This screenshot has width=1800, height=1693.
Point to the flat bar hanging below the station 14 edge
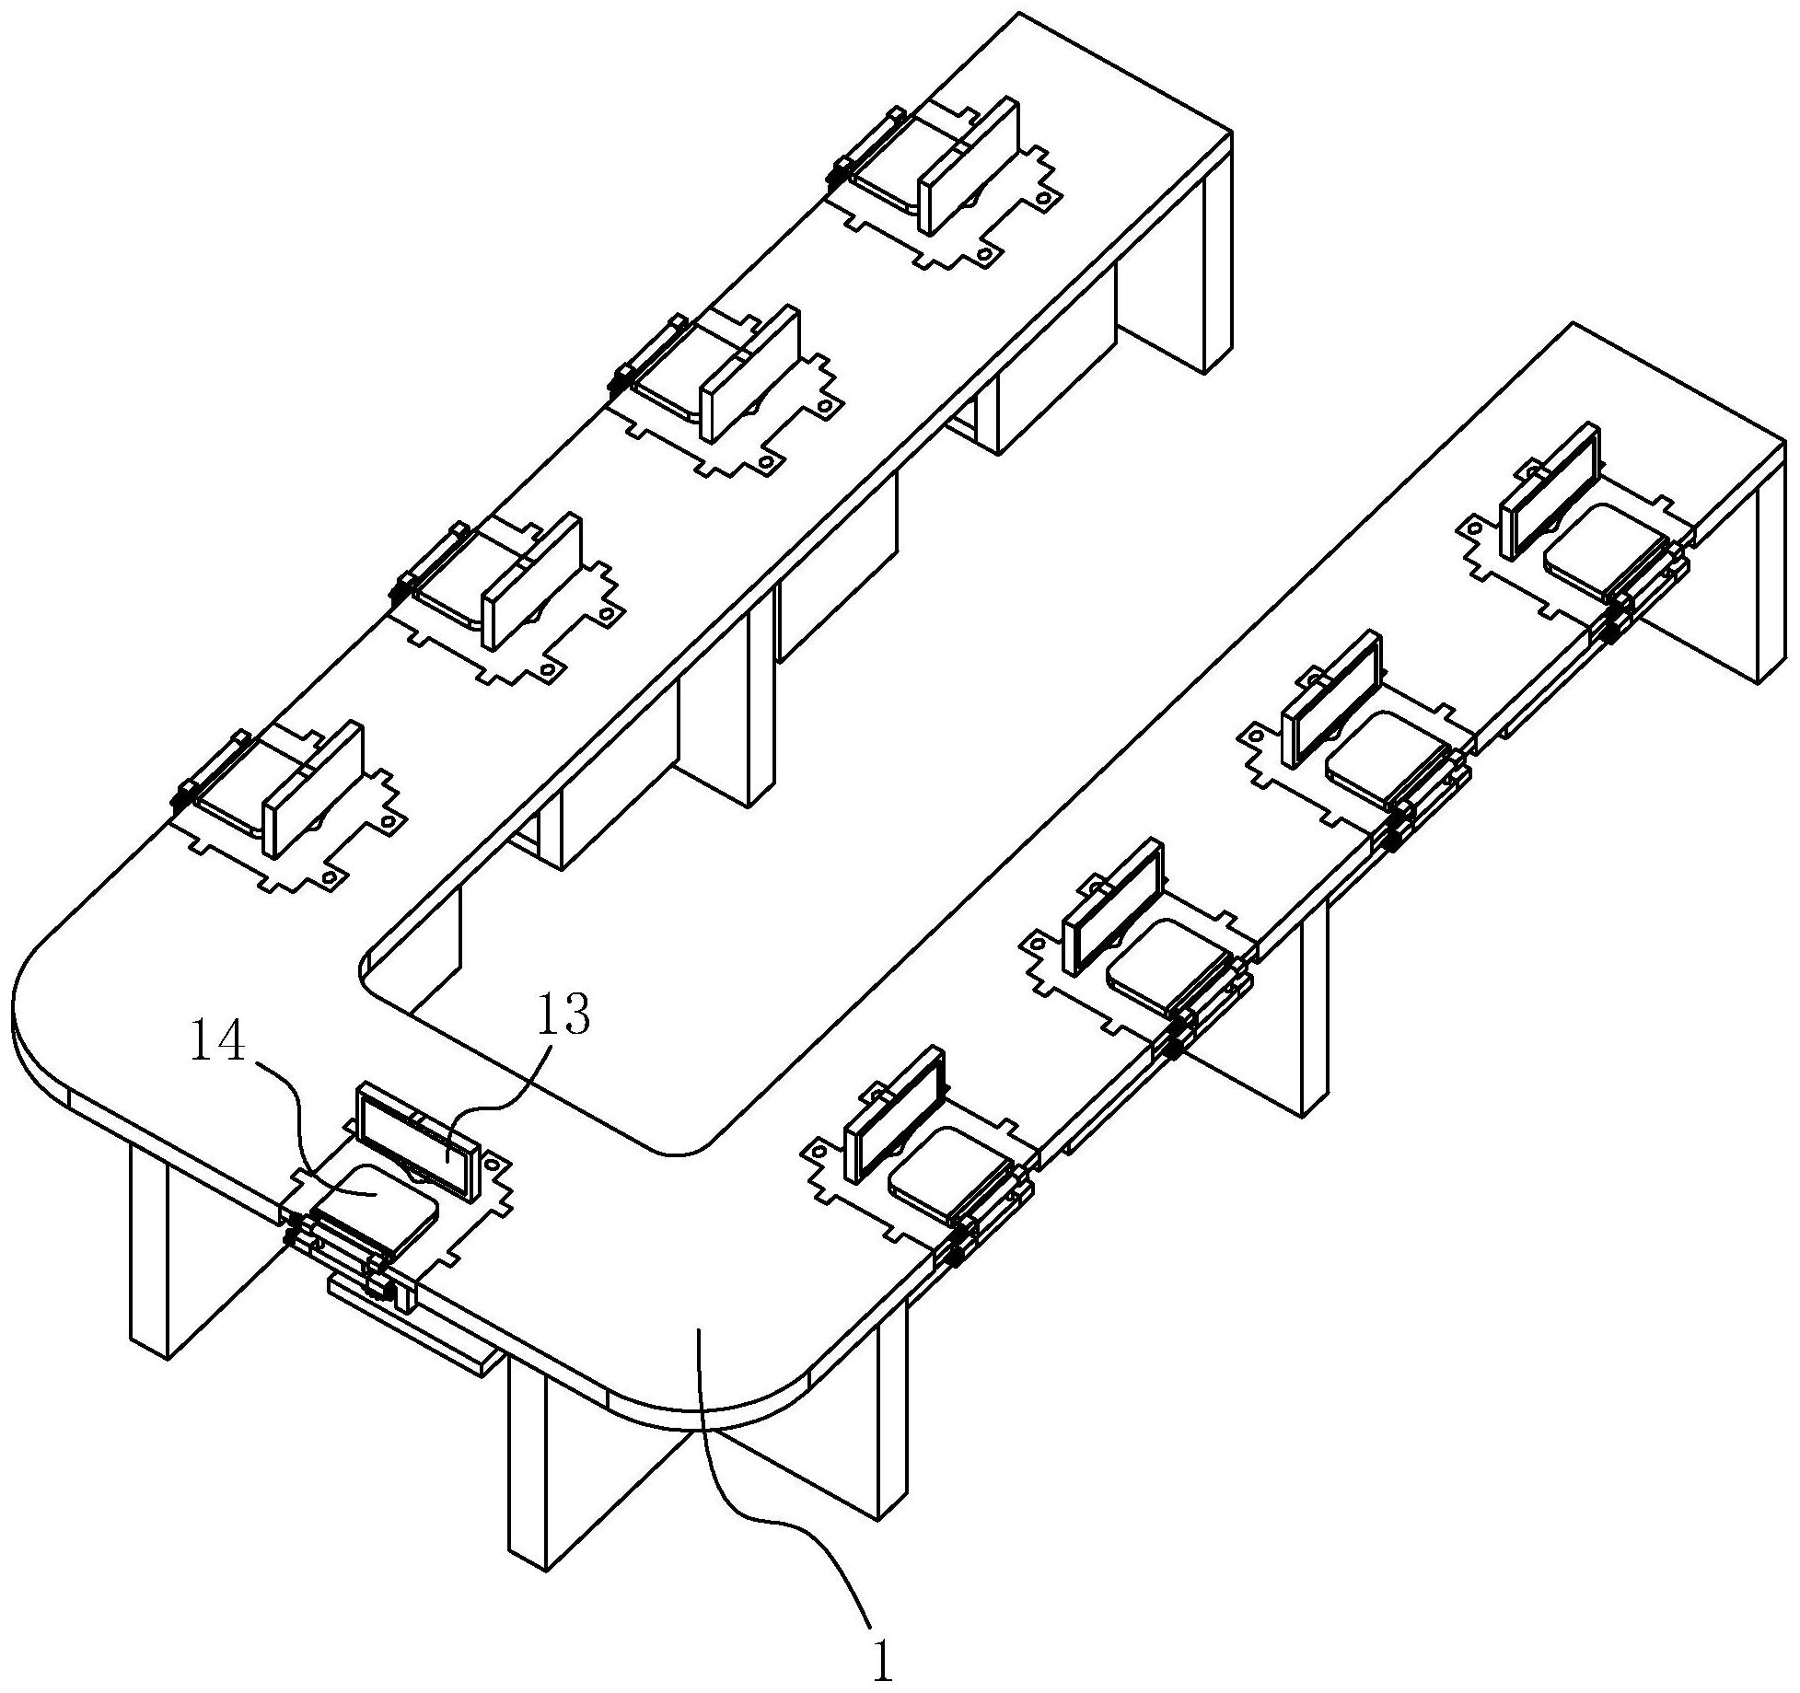pyautogui.click(x=414, y=1327)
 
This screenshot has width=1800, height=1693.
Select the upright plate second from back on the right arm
pyautogui.click(x=1333, y=700)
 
